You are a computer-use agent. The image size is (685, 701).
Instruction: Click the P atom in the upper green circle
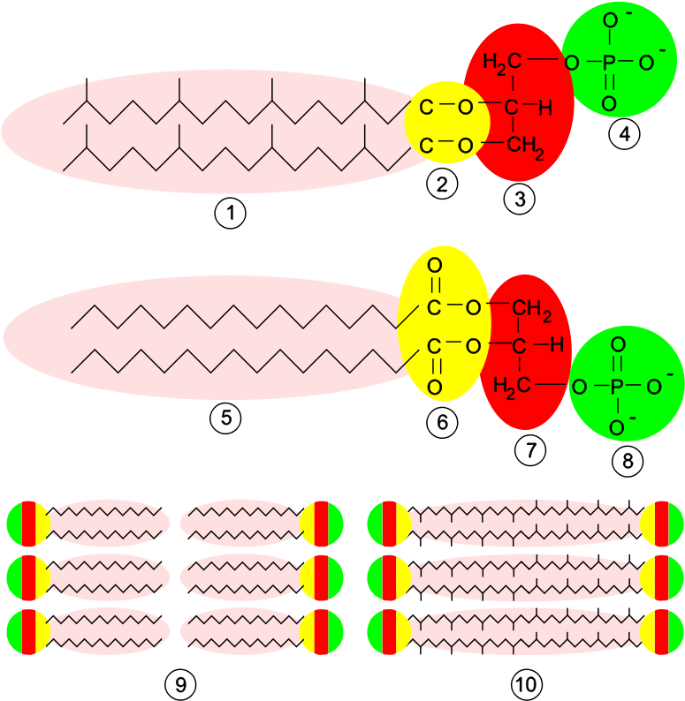[608, 63]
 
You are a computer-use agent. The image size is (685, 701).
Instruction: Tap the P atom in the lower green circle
[618, 387]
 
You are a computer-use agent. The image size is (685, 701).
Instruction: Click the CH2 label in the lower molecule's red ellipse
[532, 309]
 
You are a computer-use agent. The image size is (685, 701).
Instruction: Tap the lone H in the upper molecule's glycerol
[545, 109]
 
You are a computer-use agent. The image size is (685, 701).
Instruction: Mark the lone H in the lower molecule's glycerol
[557, 345]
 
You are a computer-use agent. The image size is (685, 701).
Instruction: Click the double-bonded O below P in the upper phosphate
[608, 104]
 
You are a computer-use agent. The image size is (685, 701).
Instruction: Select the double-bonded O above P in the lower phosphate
[618, 345]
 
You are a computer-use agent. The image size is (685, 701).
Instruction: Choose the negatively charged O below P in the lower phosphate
[618, 428]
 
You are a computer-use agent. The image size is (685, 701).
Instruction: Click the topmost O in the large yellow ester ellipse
[434, 266]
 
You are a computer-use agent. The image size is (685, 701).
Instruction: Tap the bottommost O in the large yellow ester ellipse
[434, 387]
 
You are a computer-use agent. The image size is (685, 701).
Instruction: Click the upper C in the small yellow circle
[426, 108]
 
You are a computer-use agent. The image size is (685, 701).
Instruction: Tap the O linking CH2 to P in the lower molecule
[579, 387]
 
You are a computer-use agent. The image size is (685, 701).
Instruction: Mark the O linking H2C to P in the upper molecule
[571, 63]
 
